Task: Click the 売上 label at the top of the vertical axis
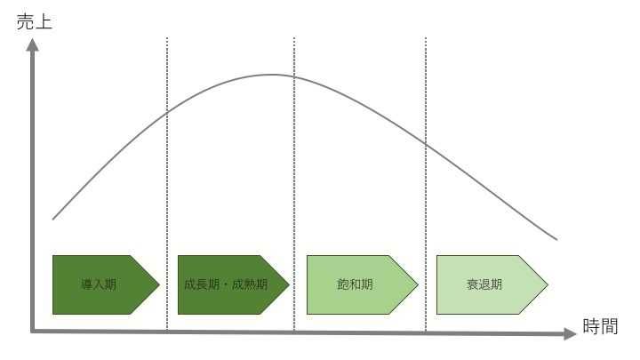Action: point(35,21)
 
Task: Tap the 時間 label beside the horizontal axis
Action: point(600,326)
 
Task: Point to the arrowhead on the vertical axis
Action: point(32,44)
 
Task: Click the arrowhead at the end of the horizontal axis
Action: point(570,334)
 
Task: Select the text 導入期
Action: point(99,284)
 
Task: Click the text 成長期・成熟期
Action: point(226,284)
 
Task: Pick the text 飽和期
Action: point(355,284)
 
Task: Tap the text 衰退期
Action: point(484,284)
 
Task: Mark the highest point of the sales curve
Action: point(273,75)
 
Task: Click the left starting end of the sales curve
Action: point(53,220)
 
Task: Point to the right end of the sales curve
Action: point(556,240)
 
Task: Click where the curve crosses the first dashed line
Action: point(167,112)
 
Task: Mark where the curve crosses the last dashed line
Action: point(425,144)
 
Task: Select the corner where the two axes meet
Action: point(32,332)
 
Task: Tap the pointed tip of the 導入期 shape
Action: point(159,284)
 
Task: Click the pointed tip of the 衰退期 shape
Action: point(548,284)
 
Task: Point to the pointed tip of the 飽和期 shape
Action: point(418,284)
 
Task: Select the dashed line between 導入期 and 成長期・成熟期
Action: point(167,185)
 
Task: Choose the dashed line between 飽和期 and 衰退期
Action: point(425,185)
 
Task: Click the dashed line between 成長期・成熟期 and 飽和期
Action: point(294,185)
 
